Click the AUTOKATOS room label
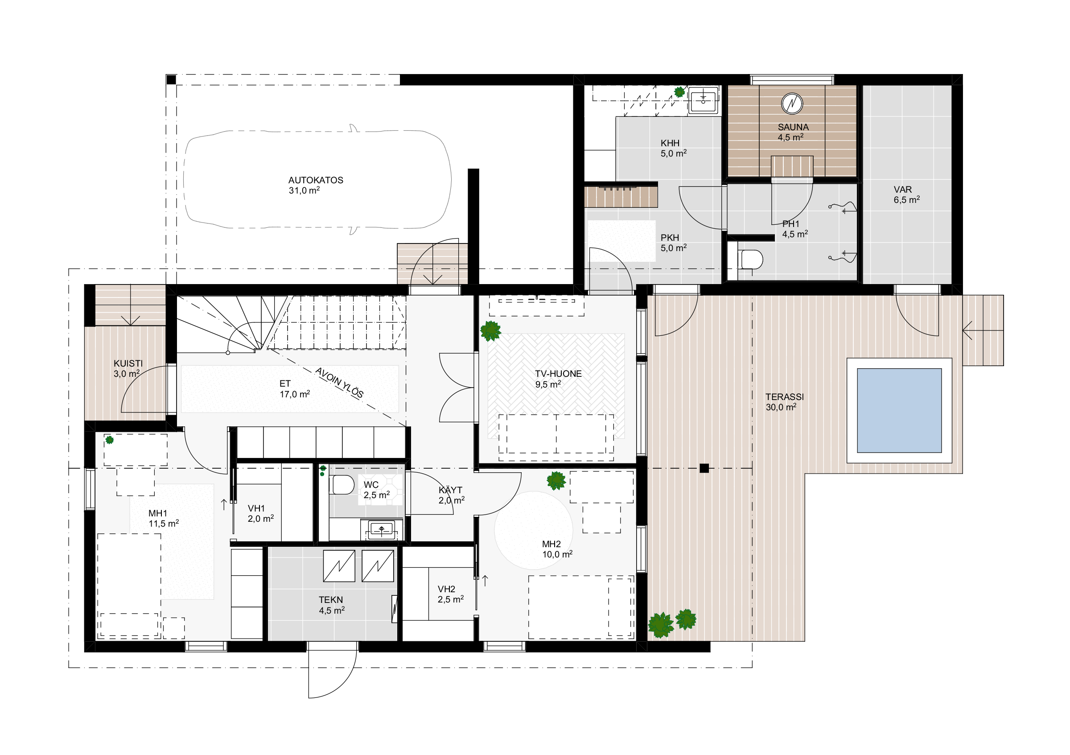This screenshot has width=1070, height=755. (316, 180)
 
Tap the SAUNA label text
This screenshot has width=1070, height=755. (793, 127)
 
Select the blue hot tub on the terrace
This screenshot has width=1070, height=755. (899, 411)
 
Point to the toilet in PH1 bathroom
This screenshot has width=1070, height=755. (750, 259)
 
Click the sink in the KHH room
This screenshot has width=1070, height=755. (703, 99)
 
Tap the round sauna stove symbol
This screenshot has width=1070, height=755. (792, 103)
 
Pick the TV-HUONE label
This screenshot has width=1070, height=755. (558, 374)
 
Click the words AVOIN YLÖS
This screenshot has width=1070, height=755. (339, 383)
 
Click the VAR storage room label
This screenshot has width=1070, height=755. (903, 190)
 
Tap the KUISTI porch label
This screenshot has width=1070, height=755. (128, 363)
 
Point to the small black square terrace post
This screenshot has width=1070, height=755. (704, 468)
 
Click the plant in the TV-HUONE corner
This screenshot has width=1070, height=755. (490, 331)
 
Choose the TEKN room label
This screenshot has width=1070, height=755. (331, 600)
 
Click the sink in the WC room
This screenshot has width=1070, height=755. (382, 529)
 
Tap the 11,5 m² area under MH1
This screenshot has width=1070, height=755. (164, 524)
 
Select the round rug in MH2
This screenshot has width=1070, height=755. (534, 530)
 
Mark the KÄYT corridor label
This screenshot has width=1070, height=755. (450, 490)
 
